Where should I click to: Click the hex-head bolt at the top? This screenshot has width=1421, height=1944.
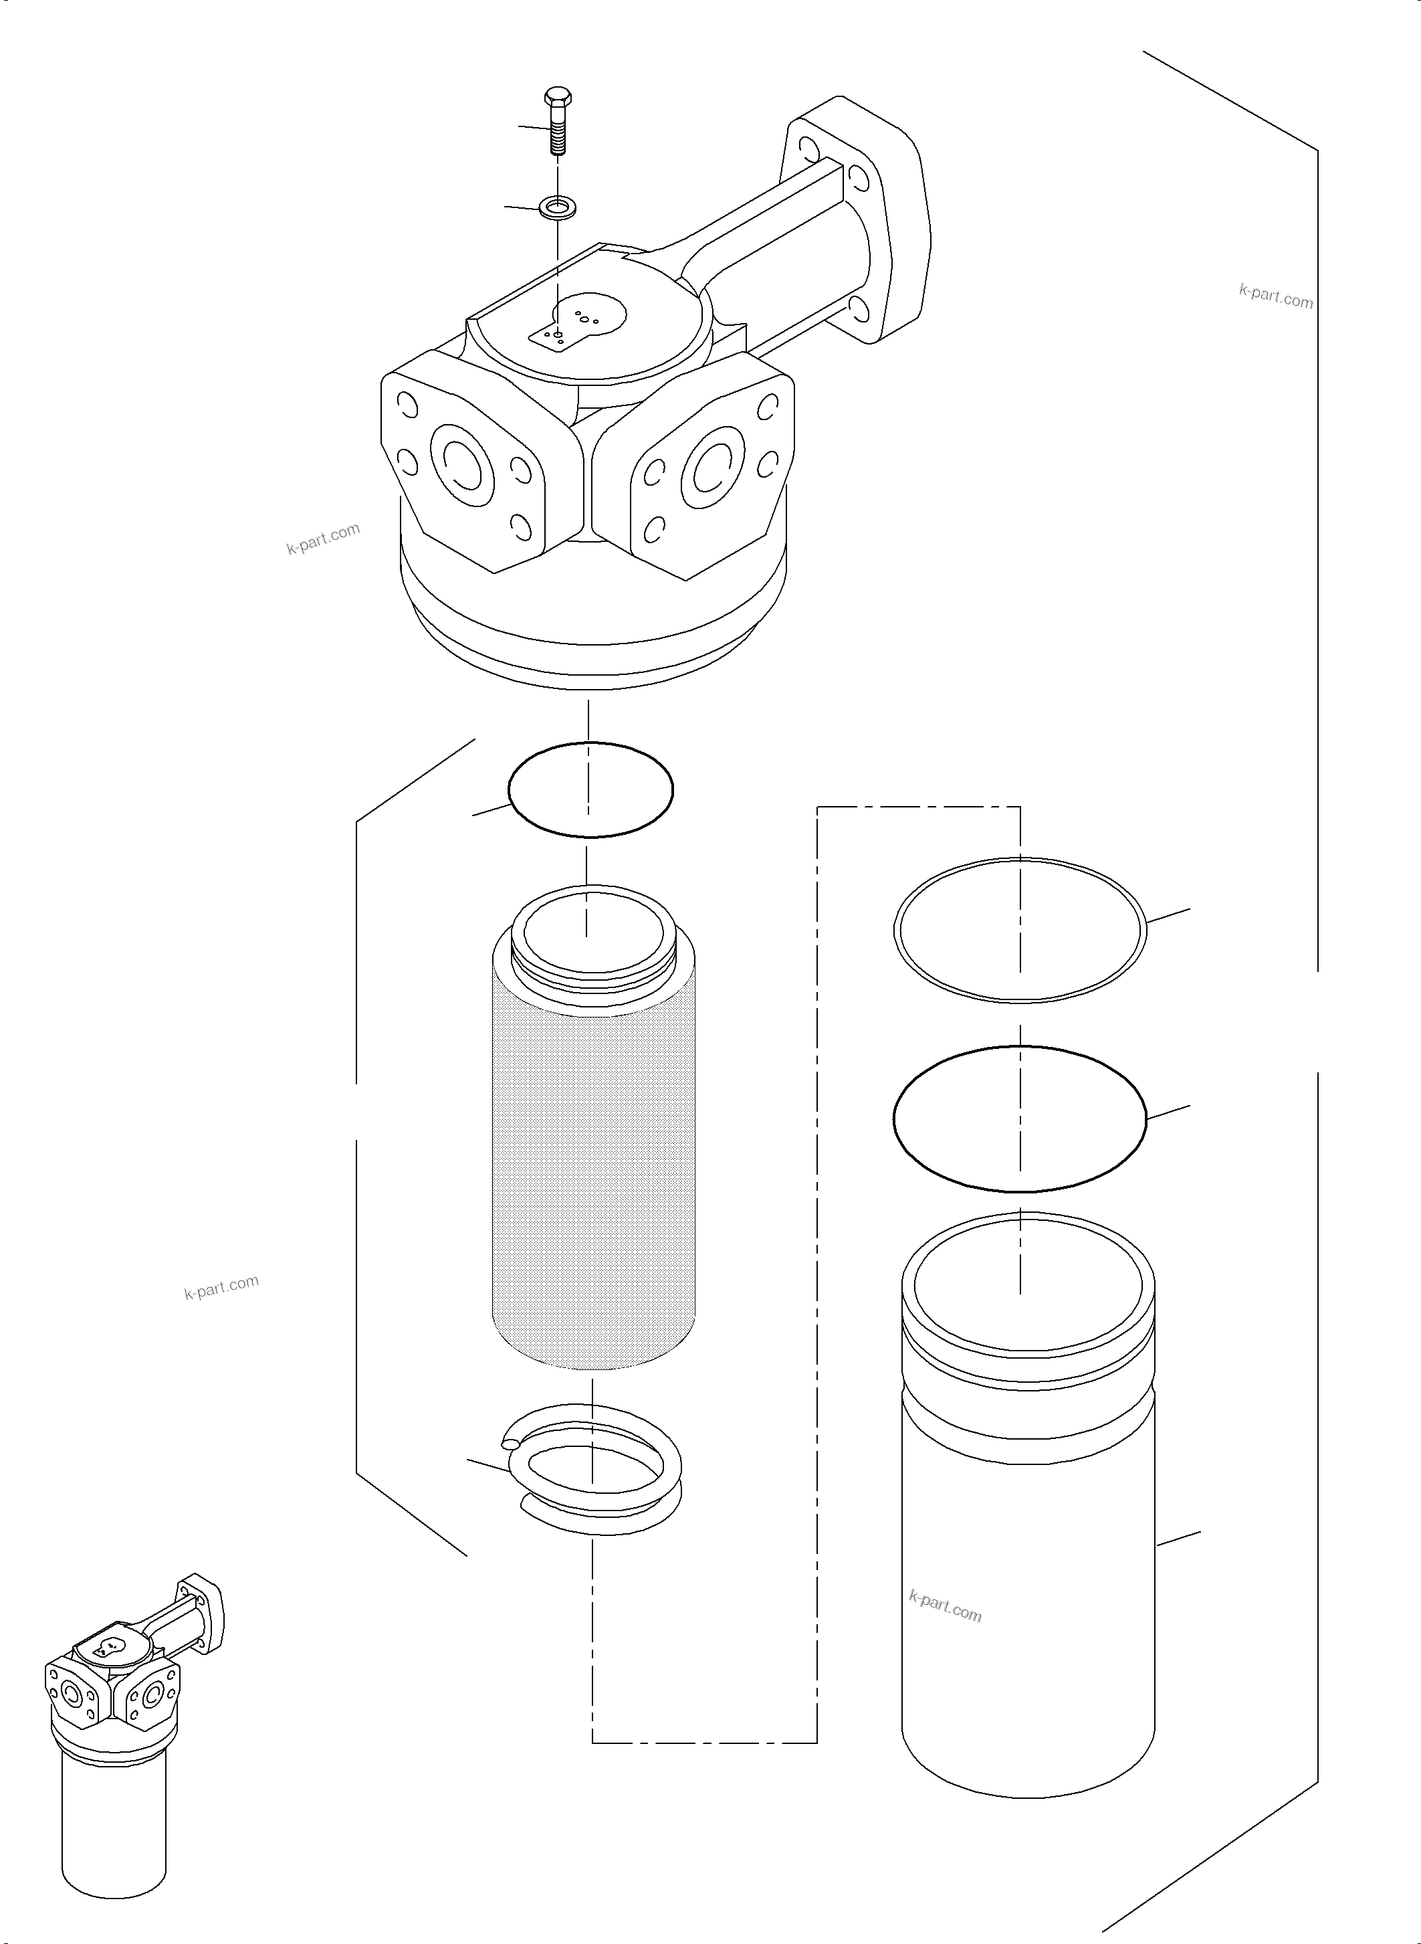point(558,120)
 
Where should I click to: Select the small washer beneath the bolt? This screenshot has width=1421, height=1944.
point(558,207)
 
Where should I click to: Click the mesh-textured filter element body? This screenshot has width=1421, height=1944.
point(592,1179)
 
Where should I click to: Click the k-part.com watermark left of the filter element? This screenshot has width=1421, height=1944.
point(221,1287)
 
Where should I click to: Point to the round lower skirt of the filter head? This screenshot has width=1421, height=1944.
point(594,637)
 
